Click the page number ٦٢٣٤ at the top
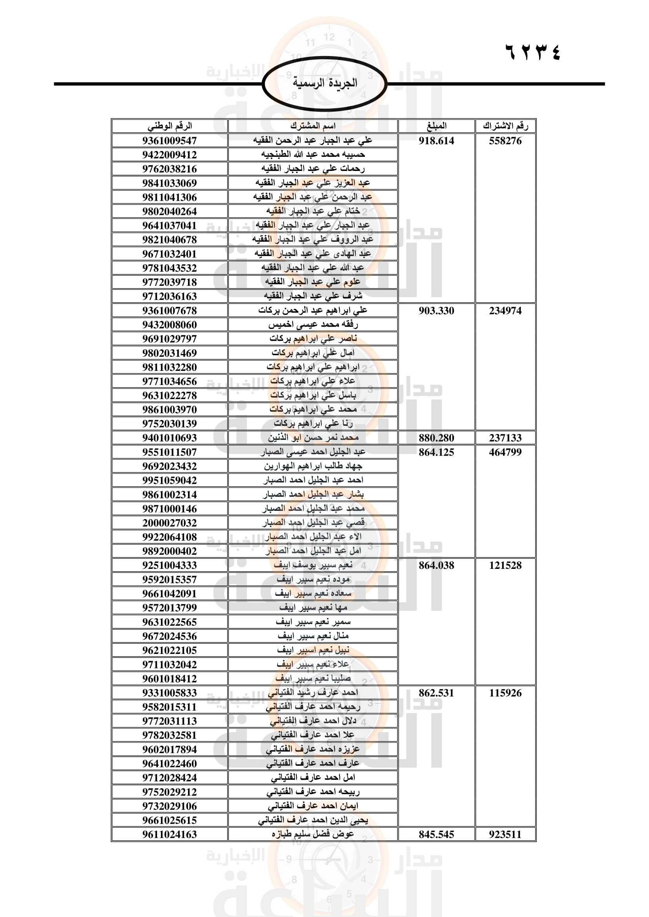533,52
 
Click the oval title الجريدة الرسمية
324,83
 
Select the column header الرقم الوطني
170,126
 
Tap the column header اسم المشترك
313,126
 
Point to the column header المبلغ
436,126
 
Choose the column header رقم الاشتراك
505,126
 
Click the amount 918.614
436,141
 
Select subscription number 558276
505,141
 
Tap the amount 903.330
436,311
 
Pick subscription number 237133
505,438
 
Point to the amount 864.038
436,565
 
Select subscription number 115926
505,692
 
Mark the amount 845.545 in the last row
436,834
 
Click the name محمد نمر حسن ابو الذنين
313,438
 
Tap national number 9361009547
170,141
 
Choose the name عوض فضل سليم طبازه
313,834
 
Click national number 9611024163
170,834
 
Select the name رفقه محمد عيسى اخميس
313,325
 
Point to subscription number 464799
505,452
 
